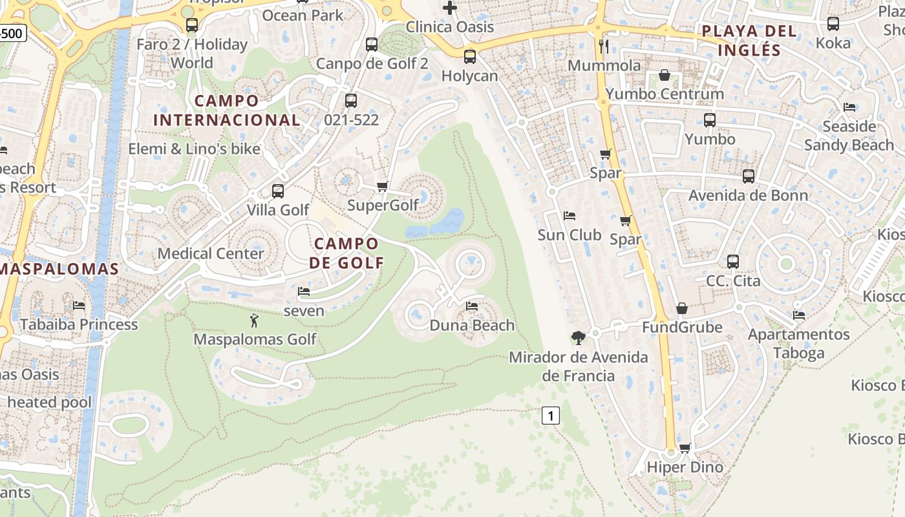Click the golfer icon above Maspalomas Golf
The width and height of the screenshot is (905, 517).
click(254, 321)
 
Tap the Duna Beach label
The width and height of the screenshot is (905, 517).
click(472, 325)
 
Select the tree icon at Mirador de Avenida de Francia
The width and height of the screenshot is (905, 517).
click(578, 337)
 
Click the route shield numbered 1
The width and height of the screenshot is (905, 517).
click(550, 416)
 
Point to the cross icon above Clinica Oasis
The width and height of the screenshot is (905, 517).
click(450, 8)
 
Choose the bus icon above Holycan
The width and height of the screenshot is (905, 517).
click(470, 57)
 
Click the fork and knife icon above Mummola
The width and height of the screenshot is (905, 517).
click(604, 46)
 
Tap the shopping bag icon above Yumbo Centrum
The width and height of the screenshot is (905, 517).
click(665, 76)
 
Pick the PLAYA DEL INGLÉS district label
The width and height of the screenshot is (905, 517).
click(749, 40)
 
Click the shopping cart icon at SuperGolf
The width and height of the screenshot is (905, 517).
click(382, 187)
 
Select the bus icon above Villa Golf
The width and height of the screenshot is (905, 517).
click(278, 191)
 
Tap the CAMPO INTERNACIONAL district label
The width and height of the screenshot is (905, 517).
click(226, 111)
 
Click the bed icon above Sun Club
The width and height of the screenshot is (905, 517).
click(570, 215)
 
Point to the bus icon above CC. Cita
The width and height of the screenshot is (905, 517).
click(733, 262)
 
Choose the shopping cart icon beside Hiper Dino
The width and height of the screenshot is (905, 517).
click(685, 448)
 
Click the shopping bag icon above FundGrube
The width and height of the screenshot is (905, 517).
click(682, 308)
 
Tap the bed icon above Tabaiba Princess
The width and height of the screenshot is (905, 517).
click(79, 305)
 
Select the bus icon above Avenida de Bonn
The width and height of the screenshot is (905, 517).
click(749, 176)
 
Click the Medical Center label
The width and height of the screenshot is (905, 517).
click(211, 253)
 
